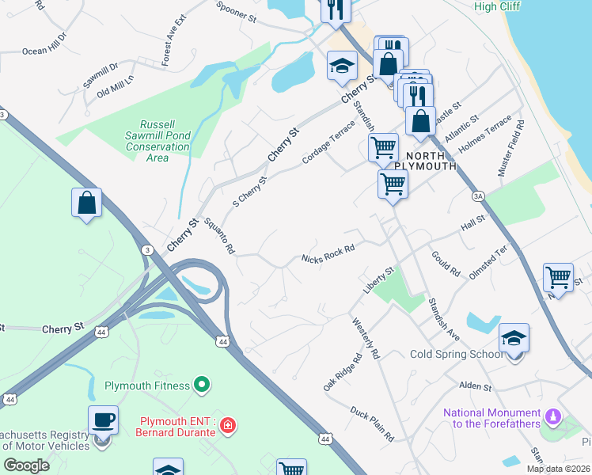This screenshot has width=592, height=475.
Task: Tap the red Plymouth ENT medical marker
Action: (228, 426)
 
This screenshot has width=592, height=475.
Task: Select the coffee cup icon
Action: (103, 420)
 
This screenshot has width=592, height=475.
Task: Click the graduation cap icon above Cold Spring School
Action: (514, 338)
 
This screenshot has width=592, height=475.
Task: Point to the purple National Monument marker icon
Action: (553, 416)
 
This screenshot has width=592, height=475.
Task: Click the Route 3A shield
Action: (477, 196)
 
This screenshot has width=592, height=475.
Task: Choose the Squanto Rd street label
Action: (219, 236)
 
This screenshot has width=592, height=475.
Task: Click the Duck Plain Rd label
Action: (372, 424)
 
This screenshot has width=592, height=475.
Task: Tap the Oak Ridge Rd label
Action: (342, 372)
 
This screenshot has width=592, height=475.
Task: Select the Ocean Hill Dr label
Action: (45, 43)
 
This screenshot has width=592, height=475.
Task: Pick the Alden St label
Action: (475, 387)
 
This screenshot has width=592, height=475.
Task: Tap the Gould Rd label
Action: (446, 264)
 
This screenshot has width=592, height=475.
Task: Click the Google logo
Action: (26, 465)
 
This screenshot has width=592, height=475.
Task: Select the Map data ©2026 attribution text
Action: (558, 469)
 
